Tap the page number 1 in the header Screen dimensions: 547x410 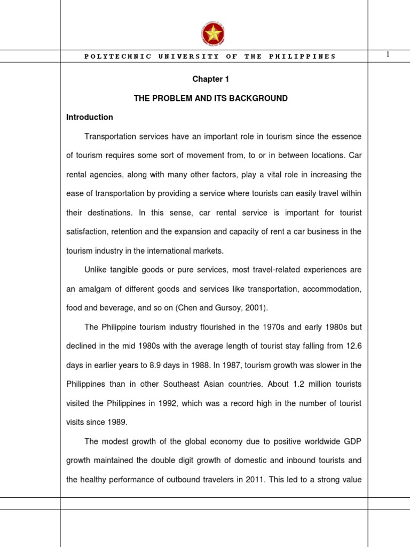388,55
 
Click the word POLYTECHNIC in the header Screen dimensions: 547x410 117,57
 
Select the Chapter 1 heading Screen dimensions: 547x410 210,79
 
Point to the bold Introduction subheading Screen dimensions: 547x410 90,117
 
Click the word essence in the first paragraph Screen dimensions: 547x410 348,136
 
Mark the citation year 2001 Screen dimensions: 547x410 242,308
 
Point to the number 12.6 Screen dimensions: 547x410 353,346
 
